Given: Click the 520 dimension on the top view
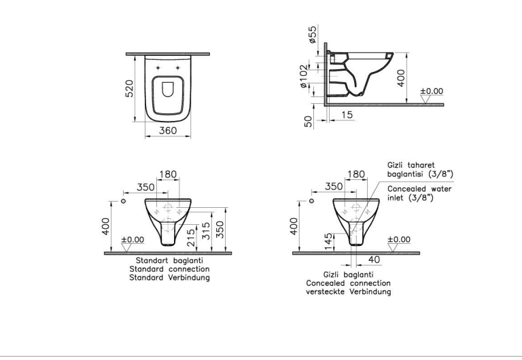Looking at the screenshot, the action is (x=129, y=88).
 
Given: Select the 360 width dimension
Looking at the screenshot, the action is (x=168, y=130).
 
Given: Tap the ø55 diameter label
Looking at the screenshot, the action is (x=313, y=35).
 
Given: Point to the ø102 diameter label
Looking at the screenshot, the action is (x=303, y=76).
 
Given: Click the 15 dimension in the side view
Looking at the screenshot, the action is (x=347, y=115).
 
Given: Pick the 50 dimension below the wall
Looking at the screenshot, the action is (x=309, y=122).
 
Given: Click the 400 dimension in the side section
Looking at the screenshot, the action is (x=401, y=78).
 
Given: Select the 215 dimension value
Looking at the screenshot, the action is (x=191, y=238).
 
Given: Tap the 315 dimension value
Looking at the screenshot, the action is (x=206, y=231).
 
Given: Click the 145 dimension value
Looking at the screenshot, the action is (x=328, y=242).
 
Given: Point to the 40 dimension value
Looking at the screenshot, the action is (x=375, y=259).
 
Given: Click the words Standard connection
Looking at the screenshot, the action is (x=169, y=269).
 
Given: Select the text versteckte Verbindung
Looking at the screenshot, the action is (x=349, y=292).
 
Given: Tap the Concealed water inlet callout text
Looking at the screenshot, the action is (x=419, y=194).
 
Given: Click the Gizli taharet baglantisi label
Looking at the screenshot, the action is (x=420, y=169).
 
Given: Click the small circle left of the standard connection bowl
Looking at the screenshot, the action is (x=124, y=201).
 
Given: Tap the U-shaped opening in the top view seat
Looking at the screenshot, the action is (x=168, y=89).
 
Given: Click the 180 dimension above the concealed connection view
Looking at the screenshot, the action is (x=356, y=175).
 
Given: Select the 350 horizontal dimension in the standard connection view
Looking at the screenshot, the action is (x=145, y=187).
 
